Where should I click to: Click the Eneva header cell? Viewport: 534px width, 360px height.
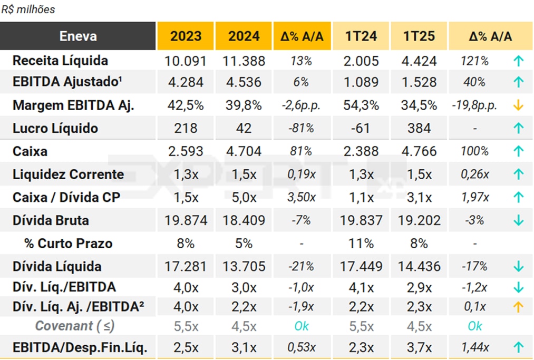[x=78, y=36]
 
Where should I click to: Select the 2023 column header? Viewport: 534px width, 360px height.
[x=186, y=36]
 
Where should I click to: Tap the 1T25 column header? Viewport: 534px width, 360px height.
[x=419, y=36]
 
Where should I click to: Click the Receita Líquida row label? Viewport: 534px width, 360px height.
[x=60, y=61]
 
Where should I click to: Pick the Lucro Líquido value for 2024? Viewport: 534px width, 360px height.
[x=244, y=128]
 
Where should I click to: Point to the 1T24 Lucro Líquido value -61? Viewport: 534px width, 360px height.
[x=361, y=128]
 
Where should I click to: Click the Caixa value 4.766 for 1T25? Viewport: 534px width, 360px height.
[x=419, y=151]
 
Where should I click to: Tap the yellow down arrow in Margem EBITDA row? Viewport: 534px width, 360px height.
[x=518, y=105]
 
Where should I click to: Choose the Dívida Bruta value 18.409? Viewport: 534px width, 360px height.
[x=244, y=220]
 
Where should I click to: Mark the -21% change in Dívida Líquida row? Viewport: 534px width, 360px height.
[x=302, y=267]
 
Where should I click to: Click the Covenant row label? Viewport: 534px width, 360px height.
[x=75, y=326]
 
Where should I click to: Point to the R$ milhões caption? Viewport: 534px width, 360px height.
[x=28, y=9]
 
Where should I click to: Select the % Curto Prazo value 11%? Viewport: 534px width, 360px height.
[x=361, y=244]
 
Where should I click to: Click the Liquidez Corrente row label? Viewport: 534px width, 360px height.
[x=68, y=174]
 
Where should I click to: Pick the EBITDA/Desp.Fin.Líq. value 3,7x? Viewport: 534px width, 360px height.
[x=419, y=347]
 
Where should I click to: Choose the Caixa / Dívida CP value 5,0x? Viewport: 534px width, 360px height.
[x=244, y=198]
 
